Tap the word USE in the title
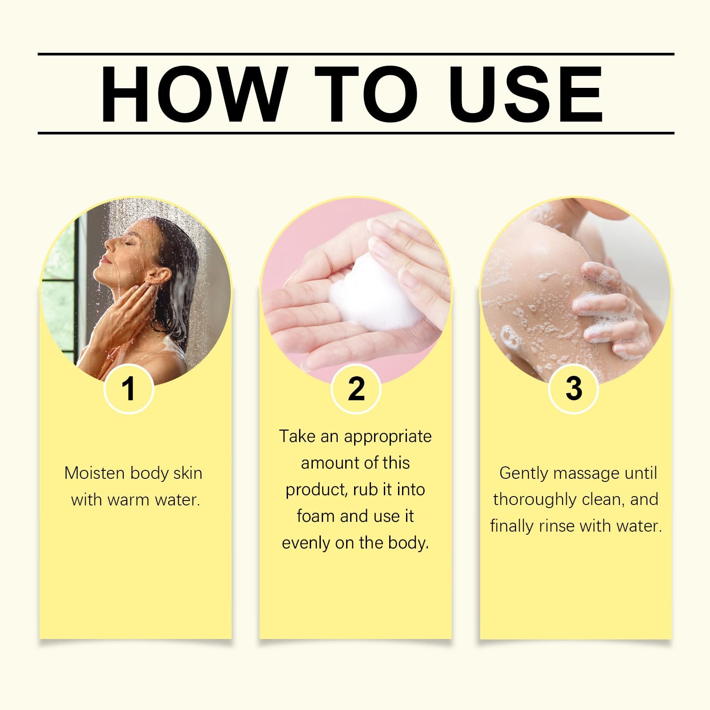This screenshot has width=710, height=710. [x=528, y=94]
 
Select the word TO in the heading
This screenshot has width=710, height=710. [x=367, y=94]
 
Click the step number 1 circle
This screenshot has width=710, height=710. [x=129, y=389]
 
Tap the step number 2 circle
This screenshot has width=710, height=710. [x=356, y=389]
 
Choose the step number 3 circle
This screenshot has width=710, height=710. [x=574, y=389]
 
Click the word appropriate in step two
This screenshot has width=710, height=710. [x=387, y=437]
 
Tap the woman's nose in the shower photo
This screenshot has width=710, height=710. [x=108, y=244]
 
